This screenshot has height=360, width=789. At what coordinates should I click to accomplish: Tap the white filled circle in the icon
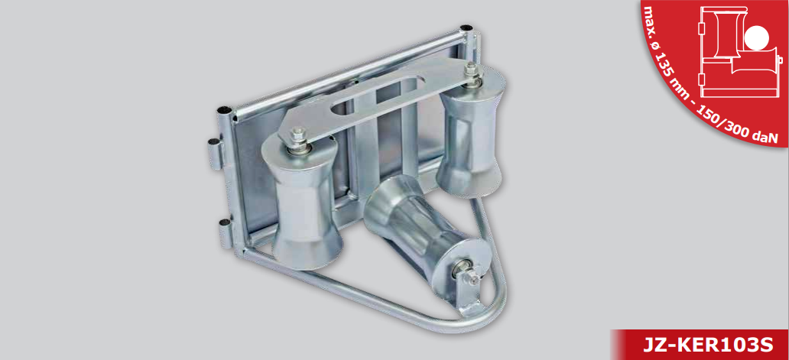pyautogui.click(x=757, y=39)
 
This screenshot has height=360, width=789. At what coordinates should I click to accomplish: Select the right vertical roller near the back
pyautogui.click(x=469, y=131)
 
